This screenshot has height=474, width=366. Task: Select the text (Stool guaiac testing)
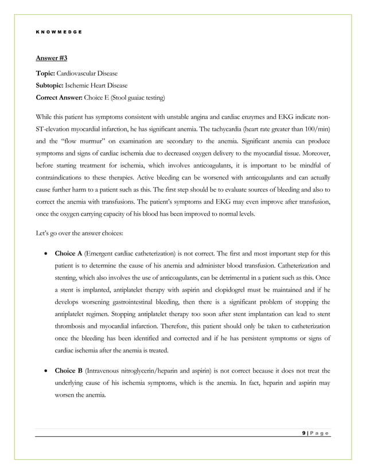[x=138, y=98]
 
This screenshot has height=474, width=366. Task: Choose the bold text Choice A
[x=68, y=253]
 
